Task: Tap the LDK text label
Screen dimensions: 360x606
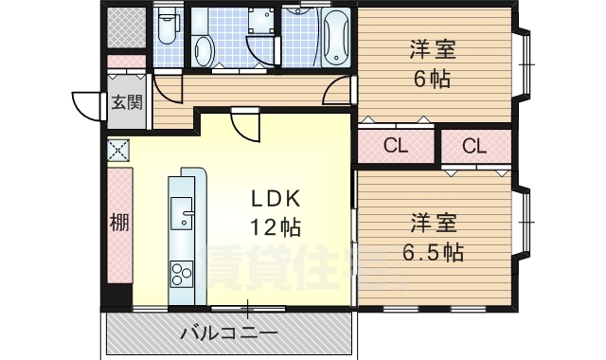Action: (x=276, y=198)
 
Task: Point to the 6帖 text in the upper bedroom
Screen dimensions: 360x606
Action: (x=431, y=79)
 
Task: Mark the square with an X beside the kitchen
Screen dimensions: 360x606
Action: (x=118, y=149)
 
